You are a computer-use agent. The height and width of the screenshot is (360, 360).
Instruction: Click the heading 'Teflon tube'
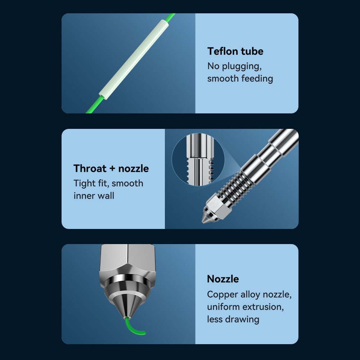click(x=235, y=51)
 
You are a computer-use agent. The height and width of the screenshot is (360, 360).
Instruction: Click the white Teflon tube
click(x=134, y=59)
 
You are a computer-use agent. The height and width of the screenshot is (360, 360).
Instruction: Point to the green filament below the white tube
click(x=95, y=104)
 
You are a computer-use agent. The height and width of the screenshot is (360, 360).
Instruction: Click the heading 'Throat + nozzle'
click(x=111, y=168)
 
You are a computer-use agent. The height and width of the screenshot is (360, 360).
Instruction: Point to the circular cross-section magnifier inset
click(x=198, y=159)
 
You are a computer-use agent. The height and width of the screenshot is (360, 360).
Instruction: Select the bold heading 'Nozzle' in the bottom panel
click(x=223, y=279)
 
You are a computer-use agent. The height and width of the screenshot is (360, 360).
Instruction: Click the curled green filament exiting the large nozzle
click(x=133, y=327)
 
